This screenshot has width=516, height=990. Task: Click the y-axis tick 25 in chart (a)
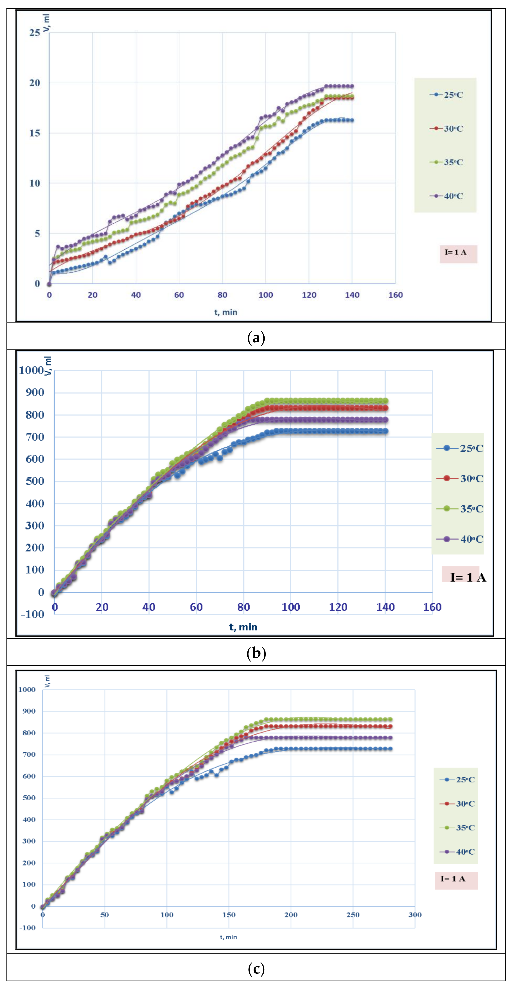[35, 33]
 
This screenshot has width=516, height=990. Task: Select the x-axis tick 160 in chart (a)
[395, 295]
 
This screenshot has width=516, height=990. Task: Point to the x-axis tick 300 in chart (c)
[415, 915]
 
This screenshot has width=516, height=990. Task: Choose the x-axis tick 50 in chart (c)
[105, 915]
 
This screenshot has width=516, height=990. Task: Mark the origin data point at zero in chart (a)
[49, 284]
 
